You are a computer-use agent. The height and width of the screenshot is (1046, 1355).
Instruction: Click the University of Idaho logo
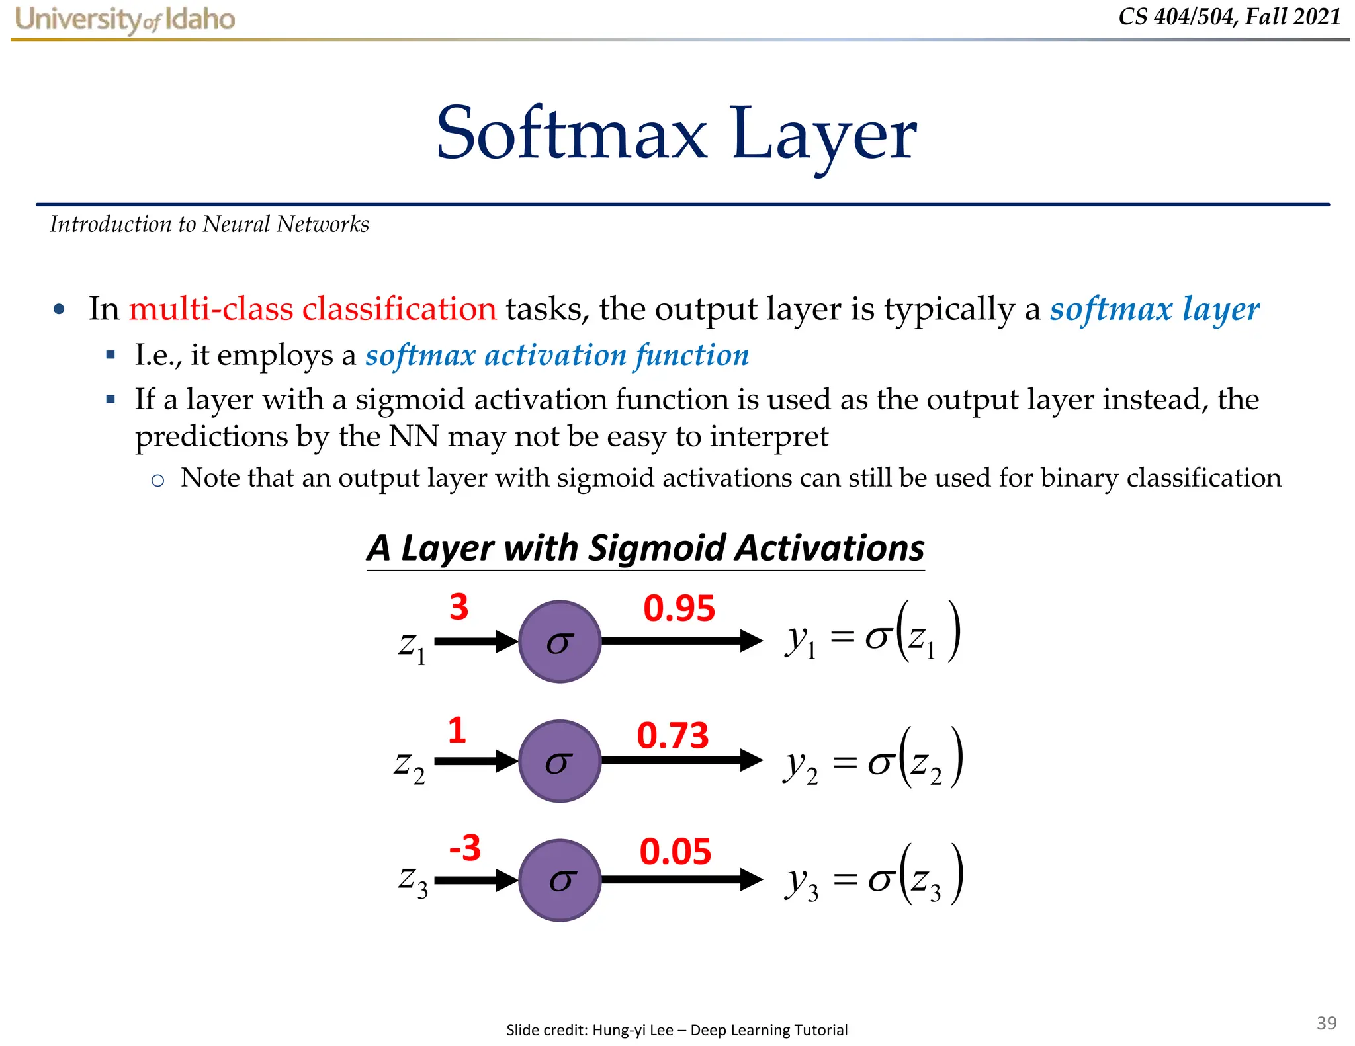coord(125,19)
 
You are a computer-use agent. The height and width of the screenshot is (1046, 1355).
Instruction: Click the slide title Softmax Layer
coord(676,134)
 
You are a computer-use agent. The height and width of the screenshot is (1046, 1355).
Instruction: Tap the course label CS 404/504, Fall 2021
coord(1229,17)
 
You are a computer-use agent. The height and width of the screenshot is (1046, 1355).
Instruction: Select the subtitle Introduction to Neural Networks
coord(209,225)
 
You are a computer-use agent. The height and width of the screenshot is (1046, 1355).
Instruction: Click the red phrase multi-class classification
coord(312,309)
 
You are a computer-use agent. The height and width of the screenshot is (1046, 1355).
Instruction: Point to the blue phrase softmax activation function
coord(557,356)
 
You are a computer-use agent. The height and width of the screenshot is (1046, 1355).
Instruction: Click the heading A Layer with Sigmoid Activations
coord(646,548)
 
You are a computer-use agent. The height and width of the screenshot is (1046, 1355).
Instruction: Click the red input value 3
coord(459,607)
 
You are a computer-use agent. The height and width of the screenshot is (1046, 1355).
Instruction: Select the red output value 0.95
coord(679,608)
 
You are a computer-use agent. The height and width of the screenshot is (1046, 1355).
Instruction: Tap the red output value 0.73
coord(672,735)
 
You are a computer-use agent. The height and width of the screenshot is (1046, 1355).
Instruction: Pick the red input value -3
coord(464,848)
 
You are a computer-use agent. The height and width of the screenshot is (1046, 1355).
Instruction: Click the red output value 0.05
coord(675,852)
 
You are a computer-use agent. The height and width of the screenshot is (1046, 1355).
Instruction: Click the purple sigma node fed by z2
coord(559,761)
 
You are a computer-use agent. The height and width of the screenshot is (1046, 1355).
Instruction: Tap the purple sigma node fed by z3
coord(559,880)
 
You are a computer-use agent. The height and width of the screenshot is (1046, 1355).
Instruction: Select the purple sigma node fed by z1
coord(559,641)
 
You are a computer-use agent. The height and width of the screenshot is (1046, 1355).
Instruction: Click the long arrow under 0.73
coord(681,760)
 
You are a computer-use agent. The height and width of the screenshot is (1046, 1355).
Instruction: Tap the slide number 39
coord(1326,1023)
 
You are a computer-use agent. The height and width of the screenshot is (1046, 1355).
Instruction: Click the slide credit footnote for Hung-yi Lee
coord(676,1029)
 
